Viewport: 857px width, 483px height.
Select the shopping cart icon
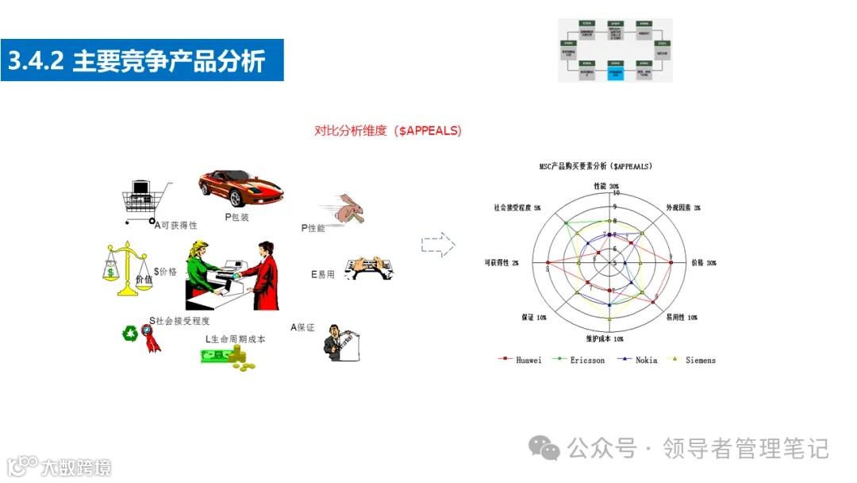click(145, 200)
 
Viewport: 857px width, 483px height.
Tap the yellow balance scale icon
click(127, 269)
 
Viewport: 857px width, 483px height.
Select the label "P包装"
click(237, 217)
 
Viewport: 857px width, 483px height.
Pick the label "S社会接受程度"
click(179, 321)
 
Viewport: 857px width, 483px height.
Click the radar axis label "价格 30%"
click(703, 262)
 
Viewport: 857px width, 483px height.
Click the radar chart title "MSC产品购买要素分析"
click(595, 167)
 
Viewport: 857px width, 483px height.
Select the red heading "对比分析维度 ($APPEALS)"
click(388, 131)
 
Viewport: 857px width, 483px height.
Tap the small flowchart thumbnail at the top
click(615, 50)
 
